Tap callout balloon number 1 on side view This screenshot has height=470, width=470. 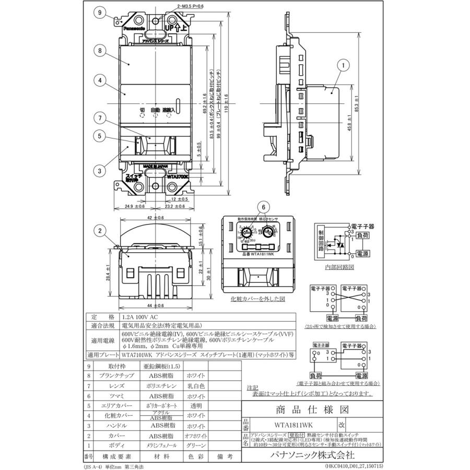pos(343,66)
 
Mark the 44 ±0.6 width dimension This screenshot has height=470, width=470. pos(156,306)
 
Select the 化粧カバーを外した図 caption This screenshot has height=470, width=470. pos(257,300)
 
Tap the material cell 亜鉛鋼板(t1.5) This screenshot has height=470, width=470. pos(161,367)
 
